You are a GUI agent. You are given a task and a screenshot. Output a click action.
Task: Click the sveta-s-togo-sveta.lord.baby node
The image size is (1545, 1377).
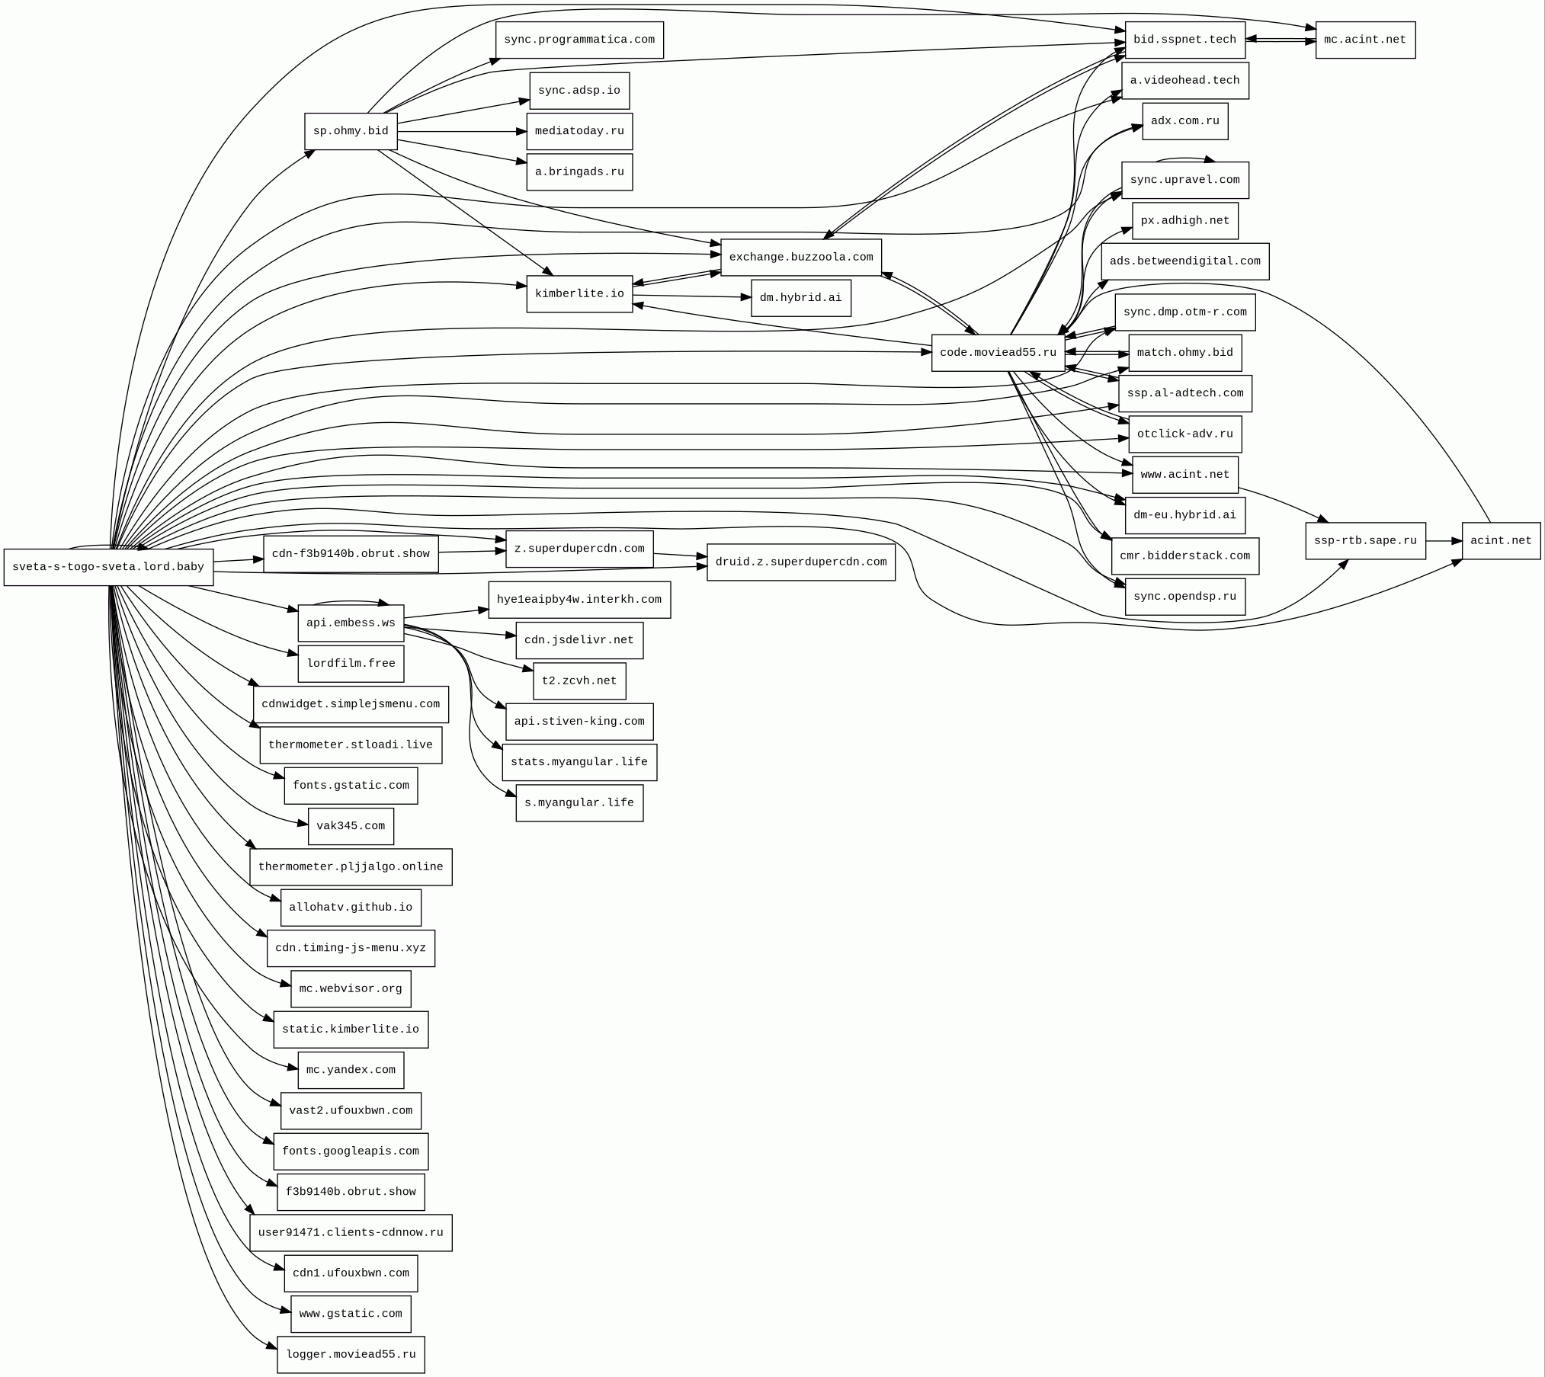(x=108, y=567)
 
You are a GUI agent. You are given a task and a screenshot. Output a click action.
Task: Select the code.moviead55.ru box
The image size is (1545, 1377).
(x=998, y=353)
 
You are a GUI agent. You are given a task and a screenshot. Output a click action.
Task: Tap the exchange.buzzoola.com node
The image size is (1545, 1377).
(x=800, y=258)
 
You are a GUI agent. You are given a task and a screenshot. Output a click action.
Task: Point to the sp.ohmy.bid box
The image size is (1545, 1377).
(x=351, y=131)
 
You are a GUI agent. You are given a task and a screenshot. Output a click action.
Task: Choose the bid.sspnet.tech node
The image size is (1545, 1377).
(x=1184, y=40)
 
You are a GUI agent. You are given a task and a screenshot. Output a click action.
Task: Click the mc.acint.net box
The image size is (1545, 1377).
(x=1364, y=40)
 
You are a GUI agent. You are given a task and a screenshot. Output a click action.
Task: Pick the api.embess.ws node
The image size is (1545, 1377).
(x=351, y=623)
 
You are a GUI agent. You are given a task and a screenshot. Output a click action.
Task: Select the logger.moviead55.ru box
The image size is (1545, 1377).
(x=351, y=1354)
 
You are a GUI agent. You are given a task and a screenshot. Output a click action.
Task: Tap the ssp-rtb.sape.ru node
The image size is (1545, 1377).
(x=1364, y=541)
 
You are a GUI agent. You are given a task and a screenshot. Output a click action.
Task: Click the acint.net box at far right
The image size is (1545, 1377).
(x=1500, y=541)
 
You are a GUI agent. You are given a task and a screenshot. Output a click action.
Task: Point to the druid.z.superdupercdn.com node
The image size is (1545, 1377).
(x=800, y=562)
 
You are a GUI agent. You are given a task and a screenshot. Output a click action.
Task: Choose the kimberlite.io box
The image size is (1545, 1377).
(x=579, y=294)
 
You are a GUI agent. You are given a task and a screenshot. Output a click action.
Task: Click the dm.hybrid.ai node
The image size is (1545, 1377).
(x=800, y=298)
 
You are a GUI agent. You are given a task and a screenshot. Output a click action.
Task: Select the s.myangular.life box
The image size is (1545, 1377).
(x=579, y=802)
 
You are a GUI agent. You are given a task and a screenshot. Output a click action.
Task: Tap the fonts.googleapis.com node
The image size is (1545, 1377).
(x=351, y=1151)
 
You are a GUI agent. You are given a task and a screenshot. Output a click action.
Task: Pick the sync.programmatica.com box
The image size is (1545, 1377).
(x=579, y=40)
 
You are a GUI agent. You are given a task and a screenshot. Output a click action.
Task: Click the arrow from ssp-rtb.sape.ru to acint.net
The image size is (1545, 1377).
(x=1444, y=541)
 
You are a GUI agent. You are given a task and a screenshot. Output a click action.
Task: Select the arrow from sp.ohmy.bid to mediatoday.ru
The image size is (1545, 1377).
(x=461, y=132)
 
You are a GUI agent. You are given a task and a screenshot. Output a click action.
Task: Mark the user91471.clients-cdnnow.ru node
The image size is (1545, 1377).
(x=351, y=1232)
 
